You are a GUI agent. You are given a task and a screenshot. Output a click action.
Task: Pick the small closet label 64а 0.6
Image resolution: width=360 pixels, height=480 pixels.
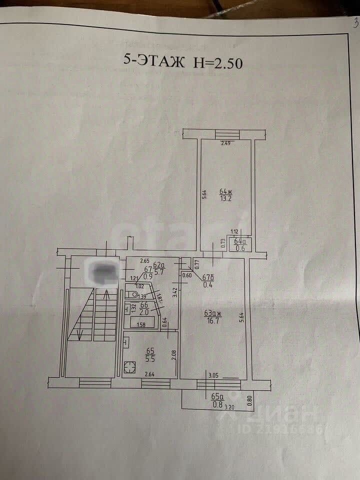[240, 245]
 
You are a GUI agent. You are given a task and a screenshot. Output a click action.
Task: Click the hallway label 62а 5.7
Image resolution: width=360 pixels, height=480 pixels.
[158, 268]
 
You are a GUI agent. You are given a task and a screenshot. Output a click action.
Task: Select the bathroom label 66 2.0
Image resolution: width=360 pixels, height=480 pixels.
[144, 308]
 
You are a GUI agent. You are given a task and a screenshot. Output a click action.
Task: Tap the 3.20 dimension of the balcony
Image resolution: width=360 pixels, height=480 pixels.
[229, 407]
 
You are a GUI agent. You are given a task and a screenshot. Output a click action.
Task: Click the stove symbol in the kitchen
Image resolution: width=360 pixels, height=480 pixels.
[130, 368]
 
